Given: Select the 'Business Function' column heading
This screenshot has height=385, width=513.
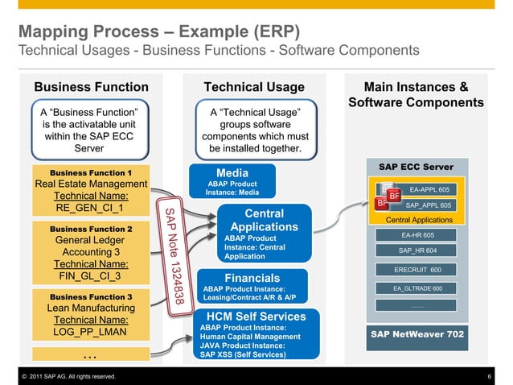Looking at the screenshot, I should (91, 87).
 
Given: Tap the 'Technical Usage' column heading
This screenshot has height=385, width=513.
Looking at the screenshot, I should (254, 87).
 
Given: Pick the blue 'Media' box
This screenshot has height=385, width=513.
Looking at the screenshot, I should (232, 182).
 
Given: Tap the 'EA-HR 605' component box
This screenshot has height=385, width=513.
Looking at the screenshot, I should (417, 235).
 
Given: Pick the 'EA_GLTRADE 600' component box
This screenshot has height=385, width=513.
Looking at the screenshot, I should (417, 288).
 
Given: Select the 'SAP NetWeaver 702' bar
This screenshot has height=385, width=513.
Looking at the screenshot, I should (417, 333).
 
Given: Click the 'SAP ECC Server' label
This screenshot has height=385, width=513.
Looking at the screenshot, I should (416, 167).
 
